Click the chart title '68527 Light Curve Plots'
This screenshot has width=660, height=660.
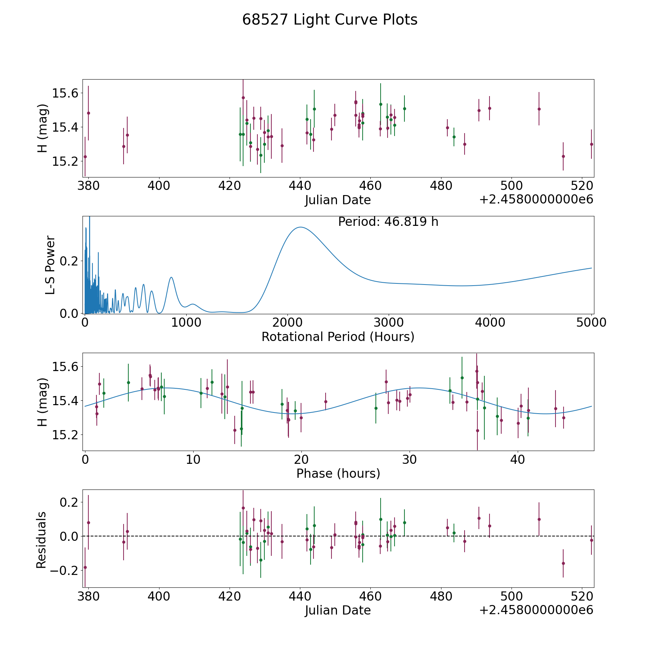pos(330,20)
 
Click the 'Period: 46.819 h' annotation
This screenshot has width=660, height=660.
pos(388,222)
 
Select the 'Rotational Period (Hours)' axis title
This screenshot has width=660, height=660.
pos(338,337)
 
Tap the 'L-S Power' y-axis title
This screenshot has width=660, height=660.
pos(50,265)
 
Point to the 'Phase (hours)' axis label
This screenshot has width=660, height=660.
pos(338,473)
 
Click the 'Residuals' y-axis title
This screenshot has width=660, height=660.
pos(41,540)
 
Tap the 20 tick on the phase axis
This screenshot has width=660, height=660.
pos(301,459)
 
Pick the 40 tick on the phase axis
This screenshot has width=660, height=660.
pos(517,459)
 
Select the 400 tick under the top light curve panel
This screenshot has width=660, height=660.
pos(159,186)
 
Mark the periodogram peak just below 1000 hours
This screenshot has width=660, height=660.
pos(171,278)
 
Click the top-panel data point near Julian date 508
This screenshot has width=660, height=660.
pos(539,109)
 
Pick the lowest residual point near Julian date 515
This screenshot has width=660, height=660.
pos(563,563)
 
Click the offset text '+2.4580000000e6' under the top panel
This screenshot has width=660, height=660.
pos(536,199)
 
